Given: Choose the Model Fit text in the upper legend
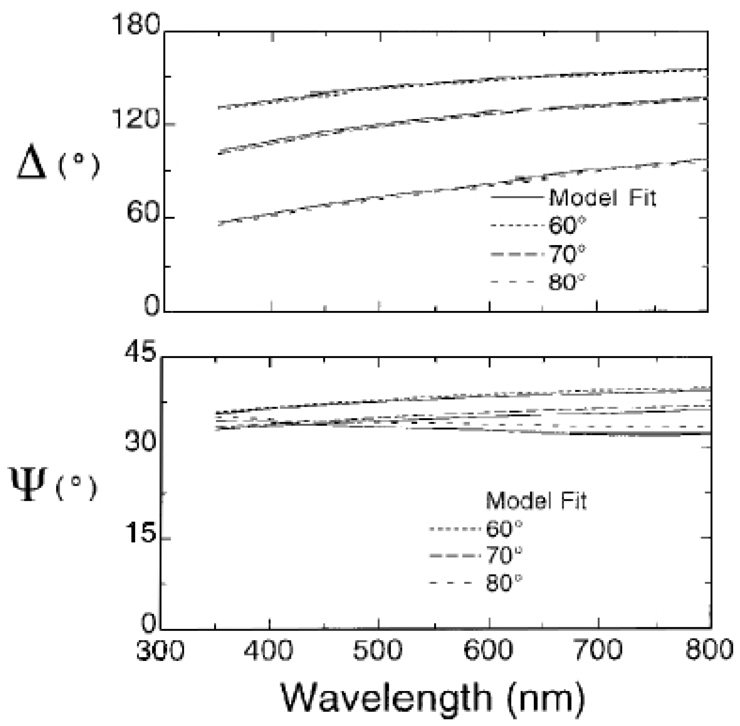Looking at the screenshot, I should [602, 198].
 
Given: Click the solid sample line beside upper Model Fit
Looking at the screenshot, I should [516, 198].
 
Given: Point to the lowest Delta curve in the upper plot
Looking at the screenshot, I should [381, 197].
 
